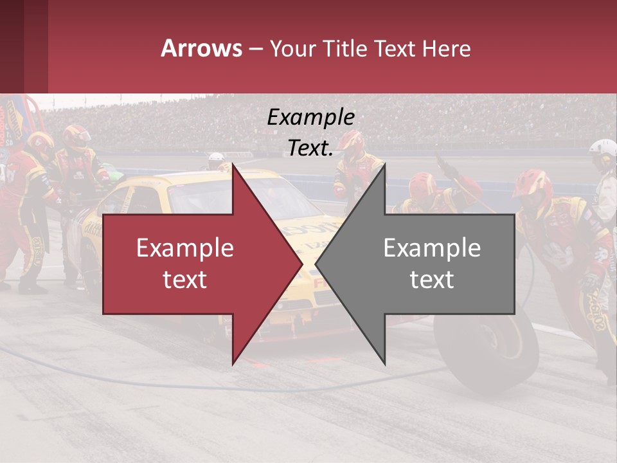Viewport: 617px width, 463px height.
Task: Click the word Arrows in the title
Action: (201, 48)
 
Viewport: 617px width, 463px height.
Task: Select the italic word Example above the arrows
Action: (310, 117)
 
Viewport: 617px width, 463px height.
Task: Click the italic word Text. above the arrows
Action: (310, 148)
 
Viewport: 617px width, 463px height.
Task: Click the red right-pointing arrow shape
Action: (193, 264)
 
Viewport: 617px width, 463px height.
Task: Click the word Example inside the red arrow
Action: (185, 248)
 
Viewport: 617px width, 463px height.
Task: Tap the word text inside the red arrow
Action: (185, 280)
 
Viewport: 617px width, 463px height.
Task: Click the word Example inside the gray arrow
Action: (432, 248)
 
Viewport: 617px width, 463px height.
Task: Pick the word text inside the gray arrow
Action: (432, 280)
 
